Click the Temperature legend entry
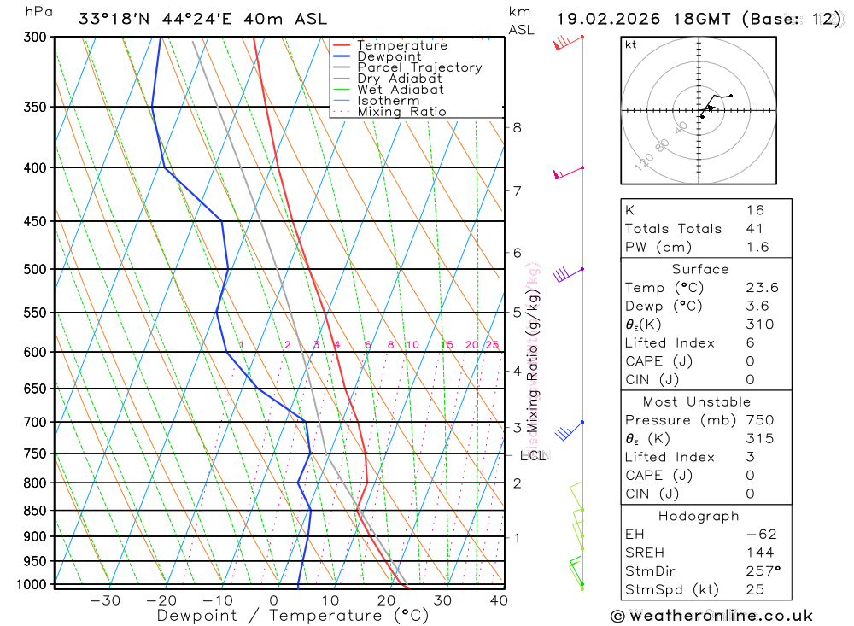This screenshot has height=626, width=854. (401, 45)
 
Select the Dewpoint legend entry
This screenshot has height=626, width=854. (389, 56)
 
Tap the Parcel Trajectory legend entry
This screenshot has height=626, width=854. (419, 67)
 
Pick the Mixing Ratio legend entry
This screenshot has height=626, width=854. (401, 112)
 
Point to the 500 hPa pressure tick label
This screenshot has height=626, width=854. (35, 269)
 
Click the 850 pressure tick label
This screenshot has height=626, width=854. (35, 511)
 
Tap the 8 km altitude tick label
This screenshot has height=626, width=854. (517, 128)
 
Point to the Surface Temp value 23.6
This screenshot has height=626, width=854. (762, 288)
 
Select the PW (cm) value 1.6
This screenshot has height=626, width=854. (757, 247)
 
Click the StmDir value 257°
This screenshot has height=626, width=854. (763, 571)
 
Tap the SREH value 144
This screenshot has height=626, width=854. (758, 553)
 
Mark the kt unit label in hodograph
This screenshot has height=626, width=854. (630, 44)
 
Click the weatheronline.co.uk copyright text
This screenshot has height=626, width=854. (711, 615)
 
